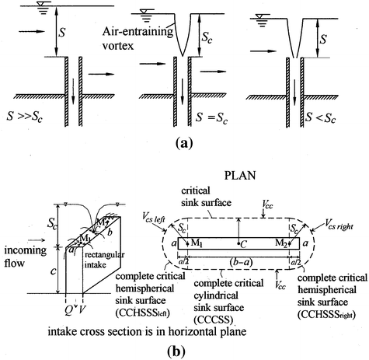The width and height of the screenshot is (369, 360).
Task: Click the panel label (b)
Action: tap(184, 348)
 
